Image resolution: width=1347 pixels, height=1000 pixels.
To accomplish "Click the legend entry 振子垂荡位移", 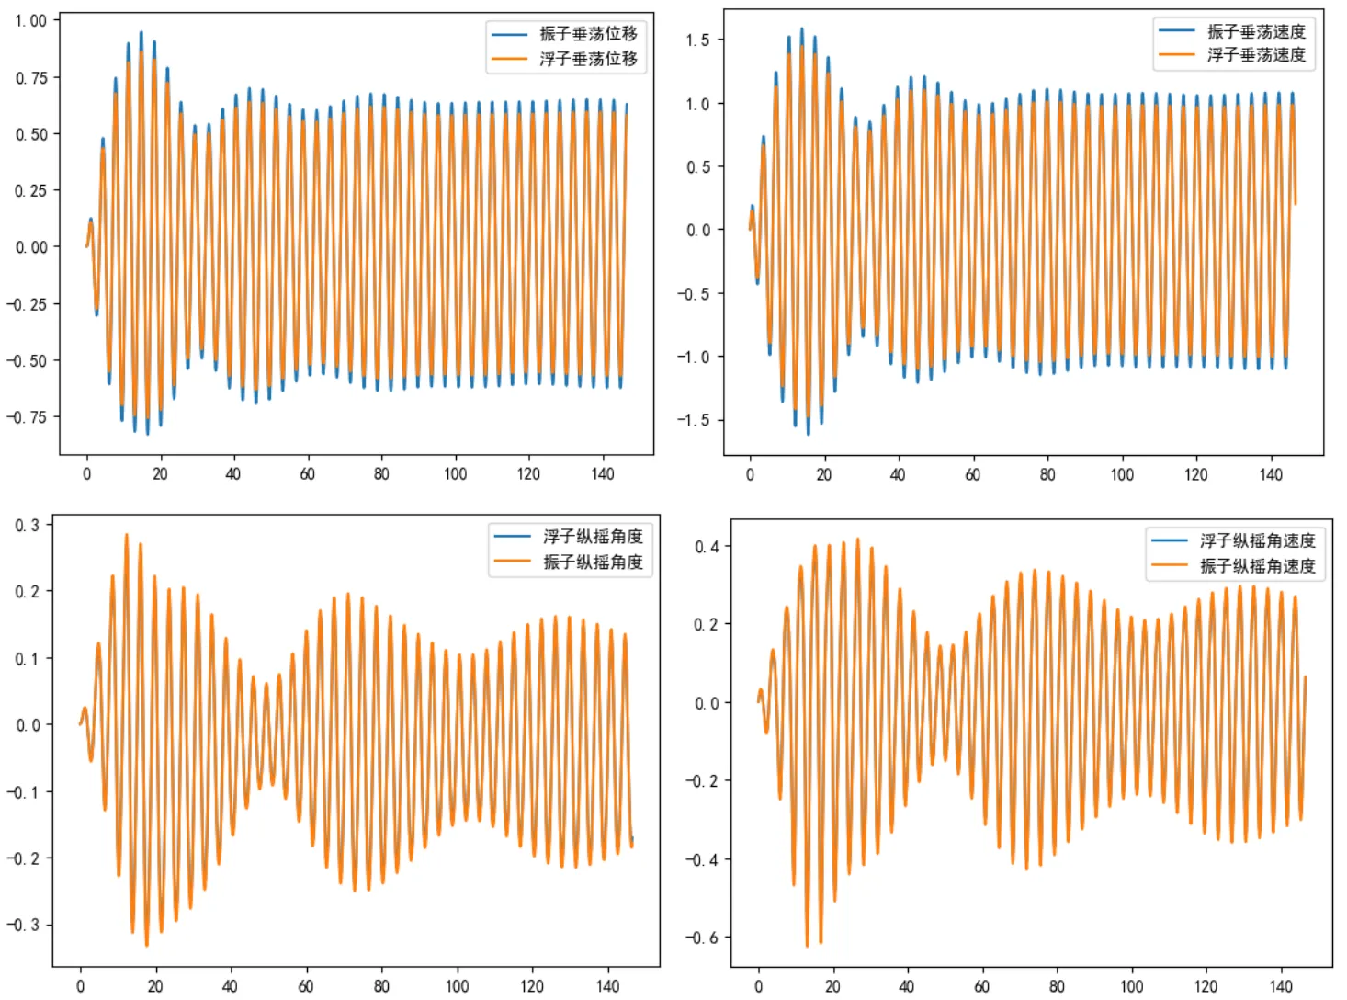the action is (x=588, y=34).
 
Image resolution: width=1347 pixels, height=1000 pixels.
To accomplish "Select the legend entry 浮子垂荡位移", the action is (x=588, y=59).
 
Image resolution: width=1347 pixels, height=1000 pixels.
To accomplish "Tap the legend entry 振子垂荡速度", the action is (x=1256, y=31).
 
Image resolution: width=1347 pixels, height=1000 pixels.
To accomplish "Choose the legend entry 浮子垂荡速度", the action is (x=1256, y=54).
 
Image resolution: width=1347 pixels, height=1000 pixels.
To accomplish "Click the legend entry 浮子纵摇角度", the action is (x=593, y=537).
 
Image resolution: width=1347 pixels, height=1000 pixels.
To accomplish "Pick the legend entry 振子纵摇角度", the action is (x=593, y=562).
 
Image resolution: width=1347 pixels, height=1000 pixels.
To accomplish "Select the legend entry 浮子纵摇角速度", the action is (x=1257, y=540).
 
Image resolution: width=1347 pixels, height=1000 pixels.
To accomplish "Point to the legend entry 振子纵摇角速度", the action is (x=1257, y=566).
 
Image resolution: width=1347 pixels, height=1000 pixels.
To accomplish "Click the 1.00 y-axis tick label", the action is (x=31, y=20).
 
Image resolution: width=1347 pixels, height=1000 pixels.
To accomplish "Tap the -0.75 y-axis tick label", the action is (x=27, y=417).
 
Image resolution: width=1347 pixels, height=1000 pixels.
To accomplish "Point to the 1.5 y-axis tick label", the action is (x=697, y=40).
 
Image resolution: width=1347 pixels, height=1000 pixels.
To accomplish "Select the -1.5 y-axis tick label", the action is (x=694, y=420).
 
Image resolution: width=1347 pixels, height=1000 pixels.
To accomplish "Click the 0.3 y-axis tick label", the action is (x=28, y=525).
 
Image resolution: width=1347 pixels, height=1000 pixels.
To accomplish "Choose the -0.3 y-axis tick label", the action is (x=23, y=925).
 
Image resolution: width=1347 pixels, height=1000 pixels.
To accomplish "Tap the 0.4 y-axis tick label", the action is (x=707, y=547).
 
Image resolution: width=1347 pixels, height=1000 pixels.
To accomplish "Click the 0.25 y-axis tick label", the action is (x=31, y=191).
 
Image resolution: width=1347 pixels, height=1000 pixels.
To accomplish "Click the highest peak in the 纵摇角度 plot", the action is (x=126, y=535).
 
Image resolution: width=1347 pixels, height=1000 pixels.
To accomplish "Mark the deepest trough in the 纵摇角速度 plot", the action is (x=807, y=946).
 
